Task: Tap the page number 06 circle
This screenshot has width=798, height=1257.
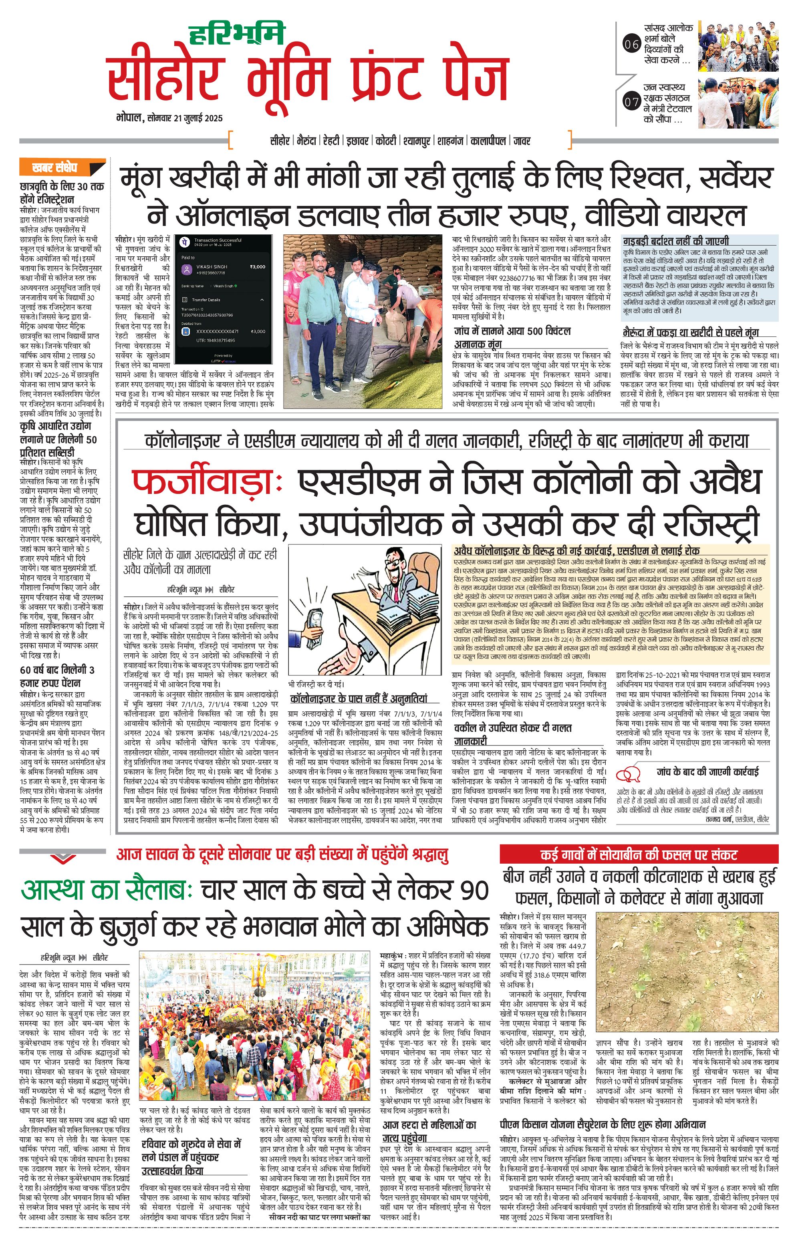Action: (631, 44)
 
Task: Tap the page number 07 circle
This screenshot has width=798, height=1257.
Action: (631, 102)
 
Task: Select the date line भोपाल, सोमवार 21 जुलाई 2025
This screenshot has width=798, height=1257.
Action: (169, 118)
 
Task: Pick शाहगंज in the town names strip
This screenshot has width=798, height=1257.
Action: (450, 141)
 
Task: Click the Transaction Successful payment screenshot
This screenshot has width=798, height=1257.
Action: (224, 300)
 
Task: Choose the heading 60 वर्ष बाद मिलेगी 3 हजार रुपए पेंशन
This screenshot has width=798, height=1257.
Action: (57, 676)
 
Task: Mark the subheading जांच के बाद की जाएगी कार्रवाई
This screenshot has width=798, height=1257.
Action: (707, 772)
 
